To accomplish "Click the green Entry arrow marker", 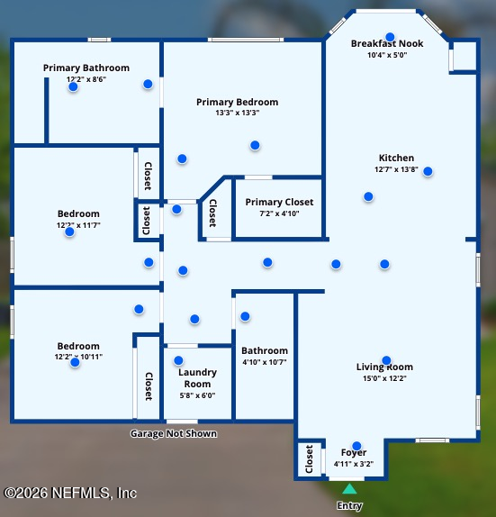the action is (x=349, y=489).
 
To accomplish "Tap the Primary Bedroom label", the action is (x=238, y=102).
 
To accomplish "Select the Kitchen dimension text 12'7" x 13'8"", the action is (x=396, y=169).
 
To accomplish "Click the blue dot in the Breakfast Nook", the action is (x=390, y=37).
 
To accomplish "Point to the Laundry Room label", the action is (x=197, y=378).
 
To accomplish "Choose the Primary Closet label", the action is (x=279, y=202).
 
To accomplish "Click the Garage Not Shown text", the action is (x=174, y=433).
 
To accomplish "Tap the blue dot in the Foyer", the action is (x=356, y=446).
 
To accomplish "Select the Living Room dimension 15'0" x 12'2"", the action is (x=384, y=378).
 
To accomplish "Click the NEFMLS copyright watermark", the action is (x=70, y=493).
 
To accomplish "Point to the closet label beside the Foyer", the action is (x=309, y=459).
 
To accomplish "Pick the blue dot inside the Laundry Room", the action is (x=178, y=360).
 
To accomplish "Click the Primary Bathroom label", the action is (x=86, y=68).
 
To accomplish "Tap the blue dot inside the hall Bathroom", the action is (x=245, y=316).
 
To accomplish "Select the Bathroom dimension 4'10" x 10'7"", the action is (x=265, y=362).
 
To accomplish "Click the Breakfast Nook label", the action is (x=387, y=43).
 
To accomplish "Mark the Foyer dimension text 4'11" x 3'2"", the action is (x=354, y=464).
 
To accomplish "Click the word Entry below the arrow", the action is (x=349, y=505).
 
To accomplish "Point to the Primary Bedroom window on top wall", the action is (x=246, y=40).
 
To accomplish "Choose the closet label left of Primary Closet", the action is (x=213, y=213).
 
